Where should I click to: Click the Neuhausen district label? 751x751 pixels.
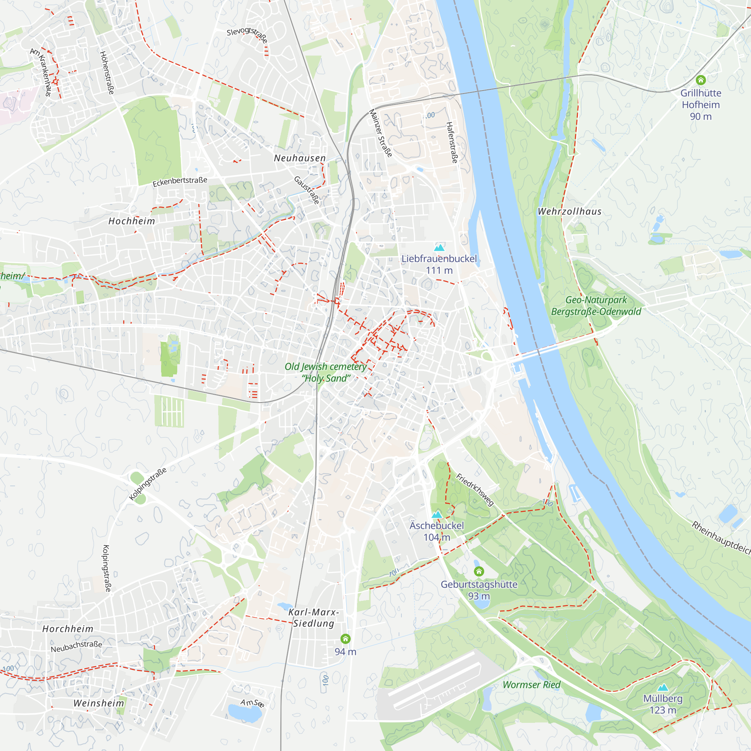pos(300,158)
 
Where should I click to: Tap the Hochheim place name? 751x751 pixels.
pos(132,221)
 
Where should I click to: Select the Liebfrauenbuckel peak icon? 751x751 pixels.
pos(439,247)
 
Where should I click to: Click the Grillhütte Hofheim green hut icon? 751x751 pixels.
pos(700,80)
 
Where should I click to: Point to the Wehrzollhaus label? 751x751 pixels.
pos(570,211)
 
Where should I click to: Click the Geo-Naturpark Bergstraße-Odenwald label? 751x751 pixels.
pos(596,306)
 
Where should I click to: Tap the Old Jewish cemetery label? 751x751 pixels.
pos(326,372)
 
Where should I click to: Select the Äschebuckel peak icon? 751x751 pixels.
pos(437,514)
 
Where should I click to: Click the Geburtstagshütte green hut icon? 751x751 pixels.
pos(479,571)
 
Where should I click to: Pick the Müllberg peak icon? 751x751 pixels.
pos(663,687)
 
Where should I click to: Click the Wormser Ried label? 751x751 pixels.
pos(531,685)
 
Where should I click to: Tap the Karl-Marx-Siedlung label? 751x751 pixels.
pos(313,618)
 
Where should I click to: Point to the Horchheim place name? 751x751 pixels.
pos(68,629)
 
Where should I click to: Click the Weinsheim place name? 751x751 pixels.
pos(99,703)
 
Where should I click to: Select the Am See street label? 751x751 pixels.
pos(252,703)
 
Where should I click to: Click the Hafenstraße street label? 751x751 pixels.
pos(452,142)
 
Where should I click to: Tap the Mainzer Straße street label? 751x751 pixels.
pos(380,133)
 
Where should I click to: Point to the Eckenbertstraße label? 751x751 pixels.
pos(179,181)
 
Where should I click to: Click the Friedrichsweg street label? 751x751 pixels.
pos(475,490)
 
